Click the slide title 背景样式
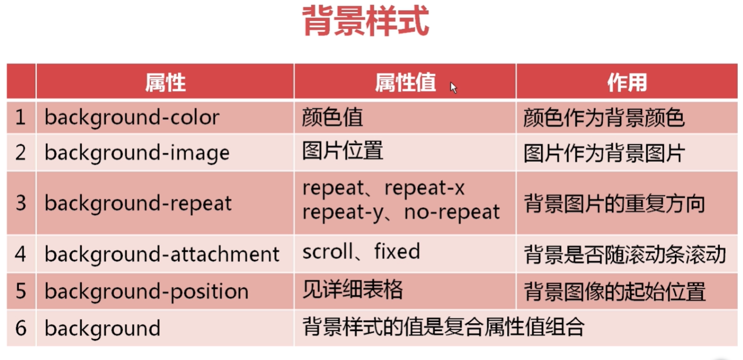[365, 20]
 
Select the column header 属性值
[405, 82]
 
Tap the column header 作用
[627, 82]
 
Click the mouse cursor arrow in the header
[454, 88]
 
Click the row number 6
[21, 328]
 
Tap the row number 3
[21, 203]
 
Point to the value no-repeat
[452, 212]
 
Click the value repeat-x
[424, 188]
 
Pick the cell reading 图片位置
[343, 151]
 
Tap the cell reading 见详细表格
[352, 289]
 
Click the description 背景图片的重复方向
[614, 203]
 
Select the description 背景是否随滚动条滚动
[625, 255]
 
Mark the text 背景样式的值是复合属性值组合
[444, 327]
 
